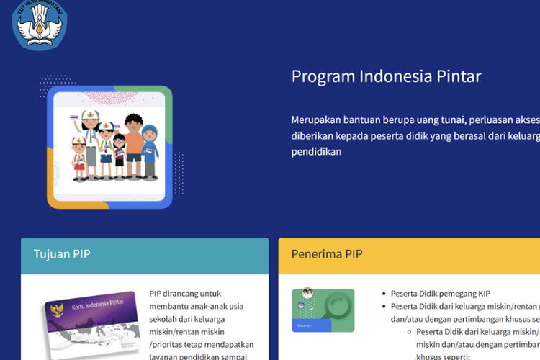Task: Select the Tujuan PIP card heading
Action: coord(62,253)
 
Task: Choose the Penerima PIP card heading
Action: coord(327,253)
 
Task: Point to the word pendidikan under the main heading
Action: coord(316,152)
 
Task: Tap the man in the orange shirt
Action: coord(134,140)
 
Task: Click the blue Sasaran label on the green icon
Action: coord(305,325)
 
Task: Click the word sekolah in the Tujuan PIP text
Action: coord(166,319)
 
